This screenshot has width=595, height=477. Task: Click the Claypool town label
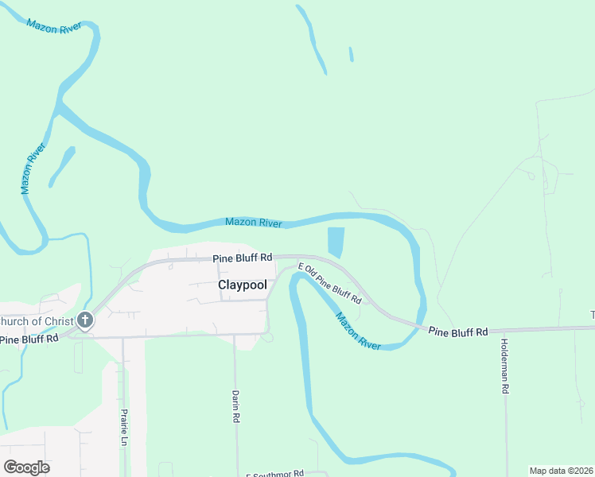(242, 284)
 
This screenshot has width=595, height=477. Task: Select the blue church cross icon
(85, 321)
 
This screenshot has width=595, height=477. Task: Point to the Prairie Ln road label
(124, 427)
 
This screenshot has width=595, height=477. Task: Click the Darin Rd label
(236, 405)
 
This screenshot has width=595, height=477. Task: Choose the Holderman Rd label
(504, 366)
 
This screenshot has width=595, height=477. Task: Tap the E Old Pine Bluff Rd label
(329, 283)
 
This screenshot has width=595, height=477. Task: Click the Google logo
(26, 467)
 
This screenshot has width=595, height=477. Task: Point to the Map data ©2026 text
(561, 471)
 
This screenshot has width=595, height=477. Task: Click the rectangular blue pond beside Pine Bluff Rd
(336, 242)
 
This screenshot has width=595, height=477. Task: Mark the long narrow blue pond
(312, 40)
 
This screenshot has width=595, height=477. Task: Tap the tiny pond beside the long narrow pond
(351, 55)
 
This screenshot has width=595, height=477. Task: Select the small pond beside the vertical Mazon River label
(61, 166)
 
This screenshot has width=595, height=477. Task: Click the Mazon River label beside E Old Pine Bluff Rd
(358, 331)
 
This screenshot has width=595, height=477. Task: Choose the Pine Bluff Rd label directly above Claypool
(243, 258)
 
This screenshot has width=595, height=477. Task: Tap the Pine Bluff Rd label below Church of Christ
(29, 339)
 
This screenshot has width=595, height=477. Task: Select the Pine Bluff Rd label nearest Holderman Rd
(457, 332)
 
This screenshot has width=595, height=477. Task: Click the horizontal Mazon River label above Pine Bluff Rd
(254, 223)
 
